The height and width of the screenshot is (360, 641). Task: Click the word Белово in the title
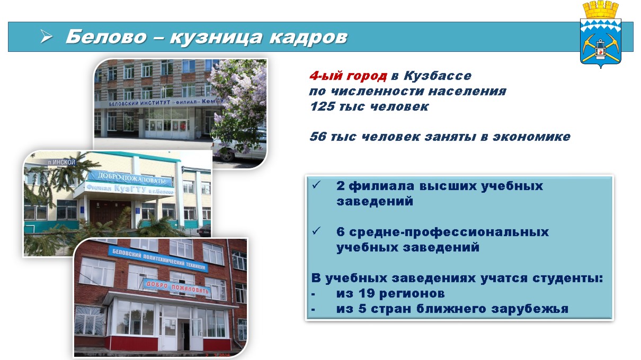[x=106, y=37]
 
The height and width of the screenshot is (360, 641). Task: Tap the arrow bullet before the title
[x=46, y=37]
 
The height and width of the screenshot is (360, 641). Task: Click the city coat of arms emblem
[x=600, y=34]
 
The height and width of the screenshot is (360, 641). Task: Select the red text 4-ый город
[x=348, y=76]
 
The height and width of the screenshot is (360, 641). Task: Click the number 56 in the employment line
[x=318, y=137]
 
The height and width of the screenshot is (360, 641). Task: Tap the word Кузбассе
[x=438, y=76]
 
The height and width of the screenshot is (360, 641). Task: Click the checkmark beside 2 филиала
[x=316, y=185]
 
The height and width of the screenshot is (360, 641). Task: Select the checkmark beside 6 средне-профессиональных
[x=316, y=231]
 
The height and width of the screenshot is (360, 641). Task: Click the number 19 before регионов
[x=367, y=293]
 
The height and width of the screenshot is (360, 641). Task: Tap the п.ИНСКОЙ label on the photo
[x=62, y=163]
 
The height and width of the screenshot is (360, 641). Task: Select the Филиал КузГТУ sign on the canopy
[x=130, y=189]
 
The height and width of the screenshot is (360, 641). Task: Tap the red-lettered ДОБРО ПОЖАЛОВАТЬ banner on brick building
[x=176, y=286]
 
